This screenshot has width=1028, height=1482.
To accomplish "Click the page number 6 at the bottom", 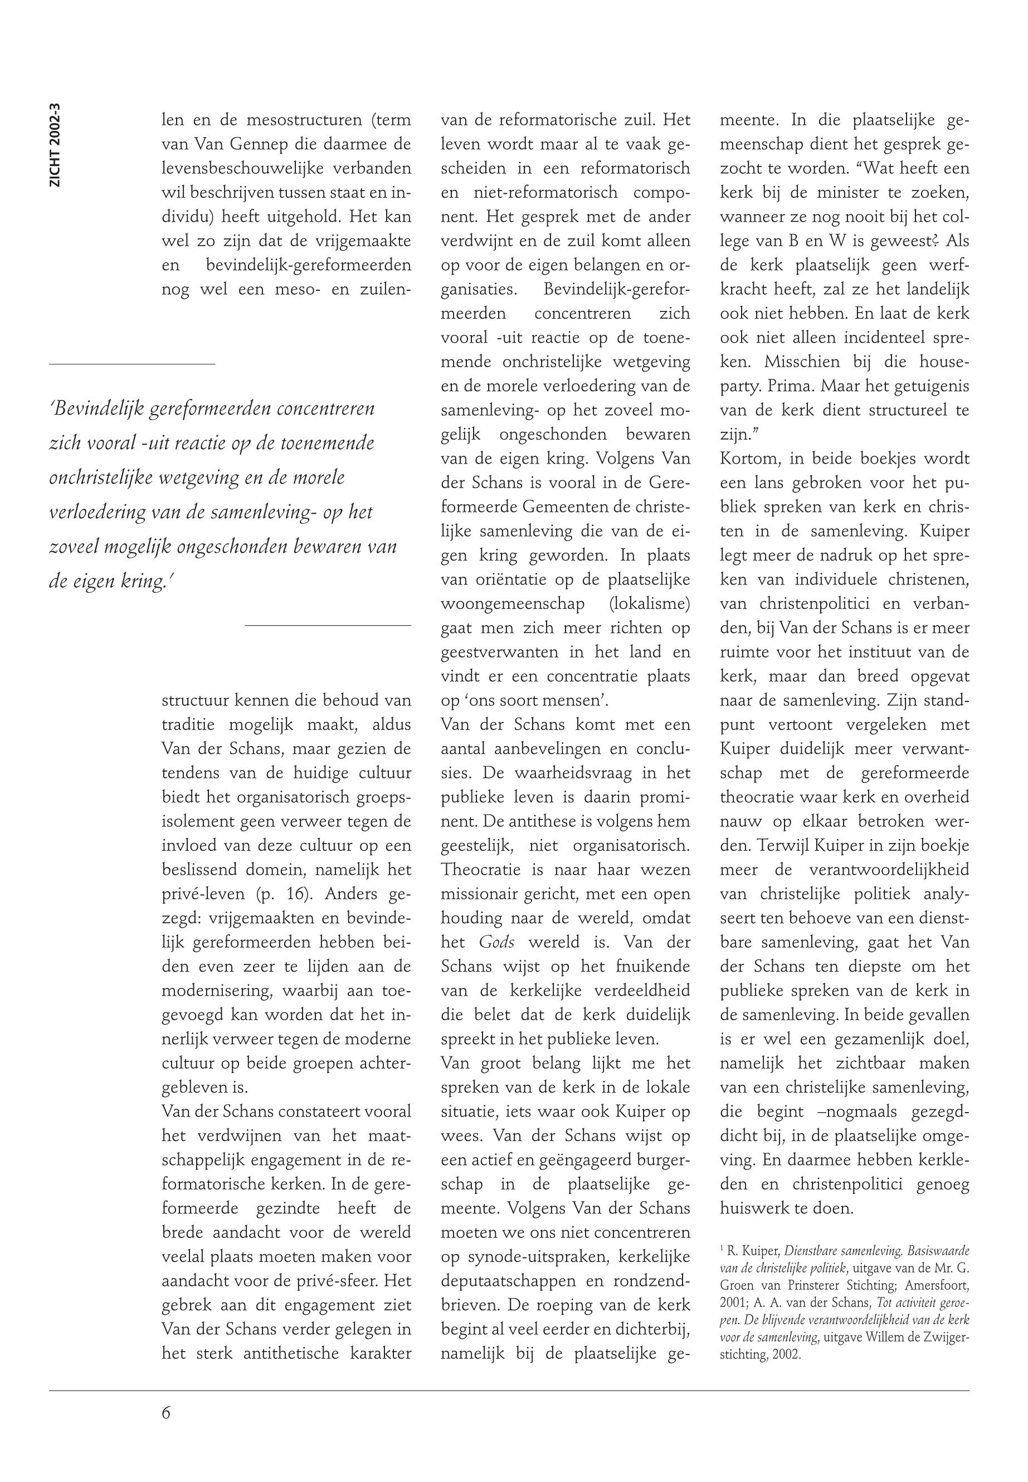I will (x=166, y=1412).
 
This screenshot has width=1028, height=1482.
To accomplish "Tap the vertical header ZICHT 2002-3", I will (x=55, y=145).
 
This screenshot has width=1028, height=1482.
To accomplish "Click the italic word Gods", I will (x=496, y=942).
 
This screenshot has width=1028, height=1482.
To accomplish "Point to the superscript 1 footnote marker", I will (x=722, y=1250).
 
